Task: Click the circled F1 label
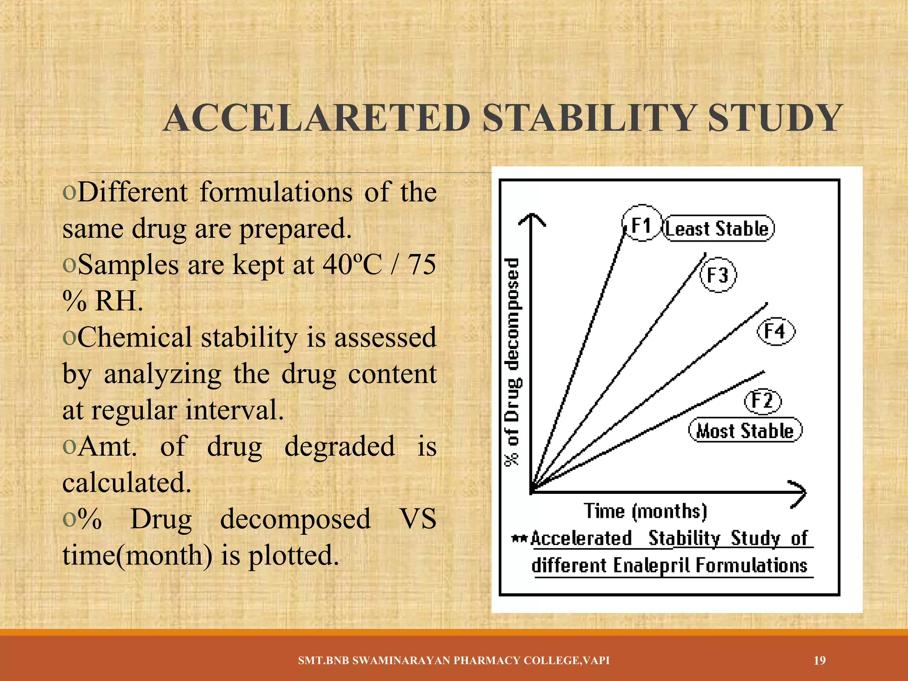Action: (641, 224)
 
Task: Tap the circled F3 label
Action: (718, 275)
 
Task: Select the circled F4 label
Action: (775, 331)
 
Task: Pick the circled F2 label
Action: (762, 400)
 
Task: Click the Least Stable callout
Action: (718, 229)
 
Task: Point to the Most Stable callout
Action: (745, 431)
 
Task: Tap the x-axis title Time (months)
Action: (645, 511)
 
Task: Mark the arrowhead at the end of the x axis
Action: (800, 493)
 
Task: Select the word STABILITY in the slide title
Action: (589, 118)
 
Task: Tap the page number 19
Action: (820, 661)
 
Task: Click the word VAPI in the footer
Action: (596, 661)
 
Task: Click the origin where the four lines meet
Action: (532, 491)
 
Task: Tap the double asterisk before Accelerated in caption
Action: (519, 539)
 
